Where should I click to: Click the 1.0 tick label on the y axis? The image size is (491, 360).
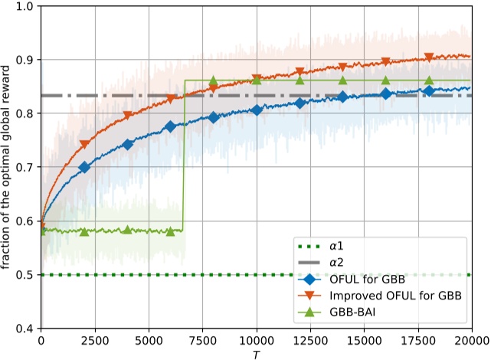[25, 6]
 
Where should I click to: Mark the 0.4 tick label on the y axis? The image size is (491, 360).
[25, 329]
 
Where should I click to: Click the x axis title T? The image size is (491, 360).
[256, 354]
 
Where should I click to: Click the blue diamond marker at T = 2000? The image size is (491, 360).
[84, 168]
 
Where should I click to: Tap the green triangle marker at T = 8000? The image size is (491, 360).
[214, 80]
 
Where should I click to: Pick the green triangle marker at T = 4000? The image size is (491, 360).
[127, 230]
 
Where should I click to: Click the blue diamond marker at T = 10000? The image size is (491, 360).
[257, 110]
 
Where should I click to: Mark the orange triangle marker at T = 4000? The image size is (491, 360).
[127, 117]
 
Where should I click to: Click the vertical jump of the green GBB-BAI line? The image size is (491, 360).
[184, 153]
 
